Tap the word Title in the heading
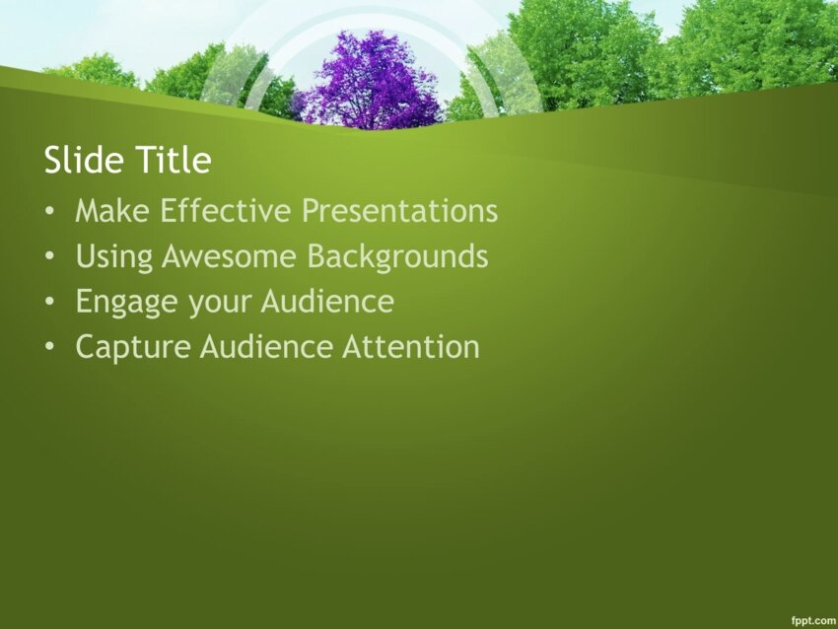[x=174, y=160]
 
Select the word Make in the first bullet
[x=112, y=211]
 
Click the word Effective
[x=225, y=211]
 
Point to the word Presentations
[x=399, y=211]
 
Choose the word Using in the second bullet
[x=113, y=257]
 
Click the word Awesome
[x=229, y=256]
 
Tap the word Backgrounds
[x=397, y=257]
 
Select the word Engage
[x=126, y=303]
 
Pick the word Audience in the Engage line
[x=327, y=301]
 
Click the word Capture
[x=133, y=348]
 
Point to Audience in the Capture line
[x=266, y=346]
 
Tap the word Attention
[x=410, y=346]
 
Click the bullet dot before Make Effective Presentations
[x=49, y=212]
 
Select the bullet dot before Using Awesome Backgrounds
[x=49, y=257]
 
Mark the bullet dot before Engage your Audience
[x=49, y=302]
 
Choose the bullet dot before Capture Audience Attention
[x=49, y=347]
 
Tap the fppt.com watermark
[x=813, y=620]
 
